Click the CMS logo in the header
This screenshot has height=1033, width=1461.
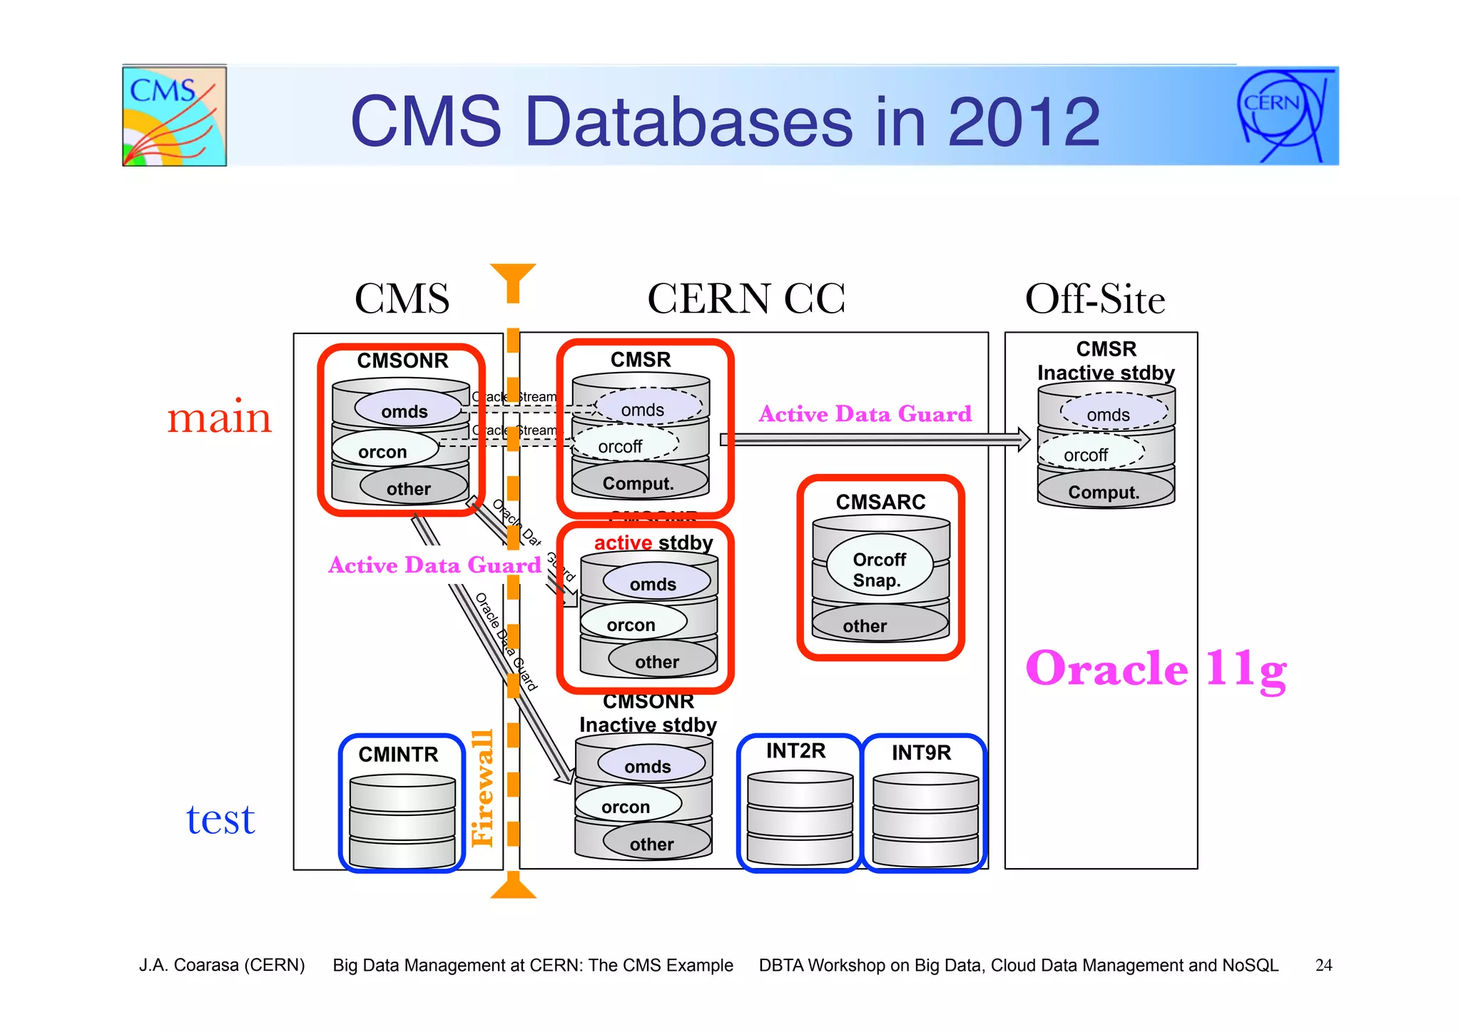tap(174, 116)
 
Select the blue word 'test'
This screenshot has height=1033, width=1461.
tap(220, 819)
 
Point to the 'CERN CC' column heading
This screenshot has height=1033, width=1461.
tap(746, 298)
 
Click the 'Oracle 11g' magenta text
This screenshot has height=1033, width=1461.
tap(1156, 669)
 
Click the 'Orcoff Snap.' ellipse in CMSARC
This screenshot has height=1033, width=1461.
tap(880, 570)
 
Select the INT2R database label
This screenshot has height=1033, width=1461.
tap(796, 751)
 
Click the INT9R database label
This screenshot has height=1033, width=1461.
tap(922, 752)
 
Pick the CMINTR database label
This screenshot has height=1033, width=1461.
tap(398, 755)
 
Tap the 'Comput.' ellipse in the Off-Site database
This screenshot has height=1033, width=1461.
tap(1104, 492)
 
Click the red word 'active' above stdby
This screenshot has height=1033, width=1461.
tap(623, 543)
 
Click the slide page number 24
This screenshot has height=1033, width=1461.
tap(1323, 965)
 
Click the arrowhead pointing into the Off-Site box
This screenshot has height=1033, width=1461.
tap(1024, 439)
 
